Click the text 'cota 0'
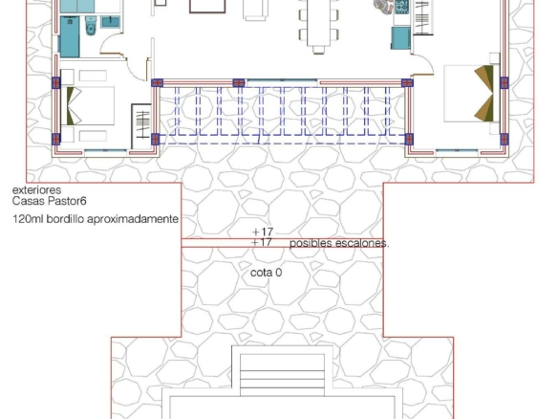[x=267, y=273]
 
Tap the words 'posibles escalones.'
[x=339, y=243]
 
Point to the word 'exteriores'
[x=36, y=190]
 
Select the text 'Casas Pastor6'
[x=50, y=201]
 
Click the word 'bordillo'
[x=66, y=218]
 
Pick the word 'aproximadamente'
[x=133, y=219]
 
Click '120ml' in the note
[x=29, y=218]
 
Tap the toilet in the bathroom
[x=91, y=25]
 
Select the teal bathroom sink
[x=110, y=22]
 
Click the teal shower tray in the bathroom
[x=70, y=36]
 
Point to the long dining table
[x=319, y=23]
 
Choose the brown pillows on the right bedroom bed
[x=484, y=93]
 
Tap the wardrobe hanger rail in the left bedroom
[x=143, y=124]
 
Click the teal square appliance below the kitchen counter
[x=401, y=37]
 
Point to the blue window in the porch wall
[x=282, y=80]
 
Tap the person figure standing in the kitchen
[x=382, y=6]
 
